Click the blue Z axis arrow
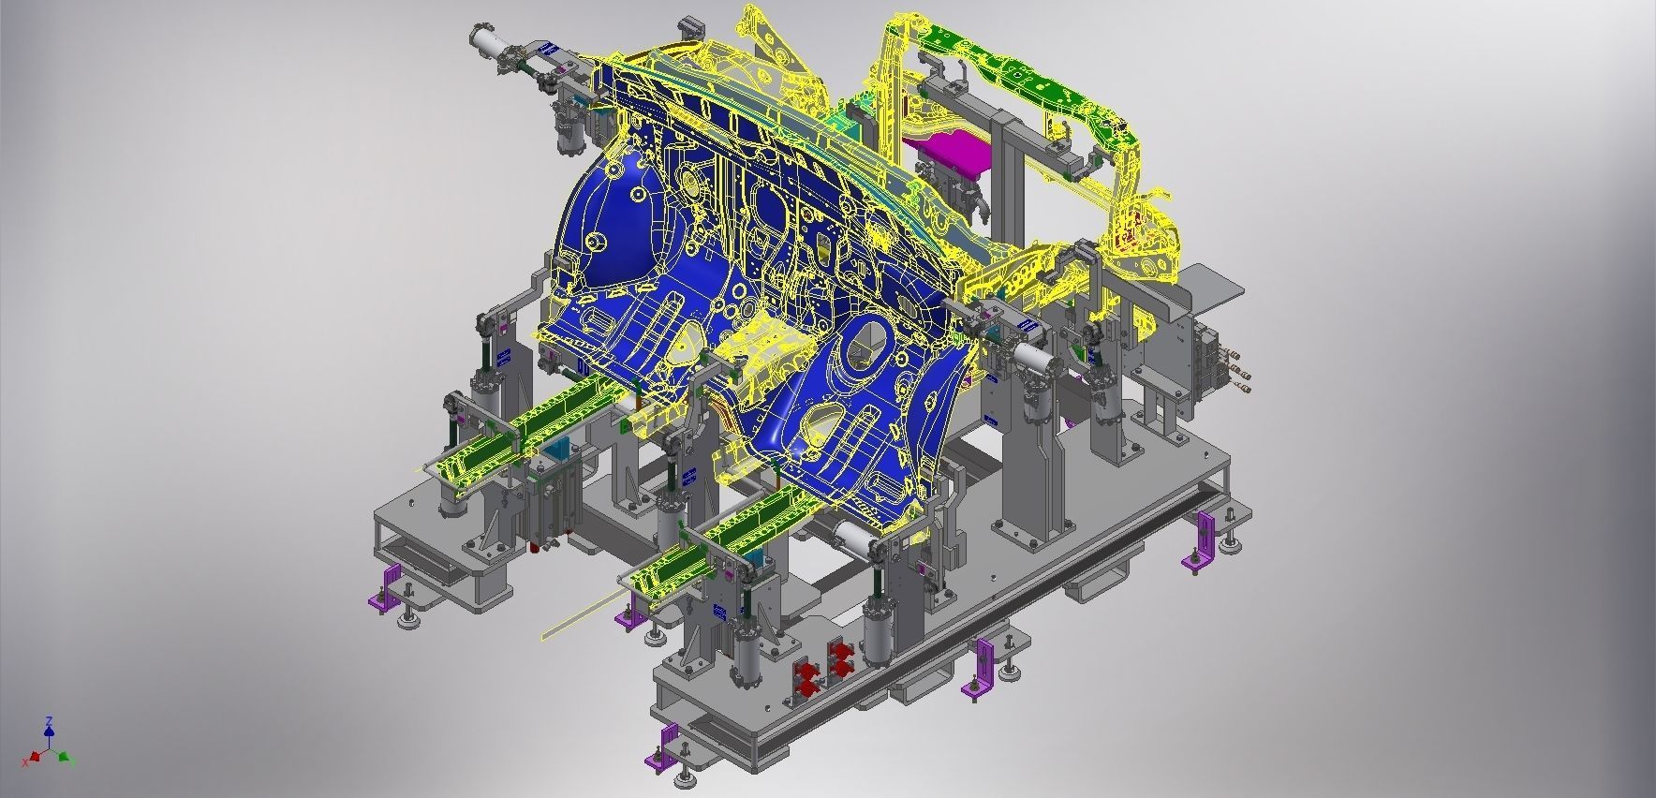(49, 729)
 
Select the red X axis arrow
(37, 754)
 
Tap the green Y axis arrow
(63, 756)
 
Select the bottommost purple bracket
(663, 746)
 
